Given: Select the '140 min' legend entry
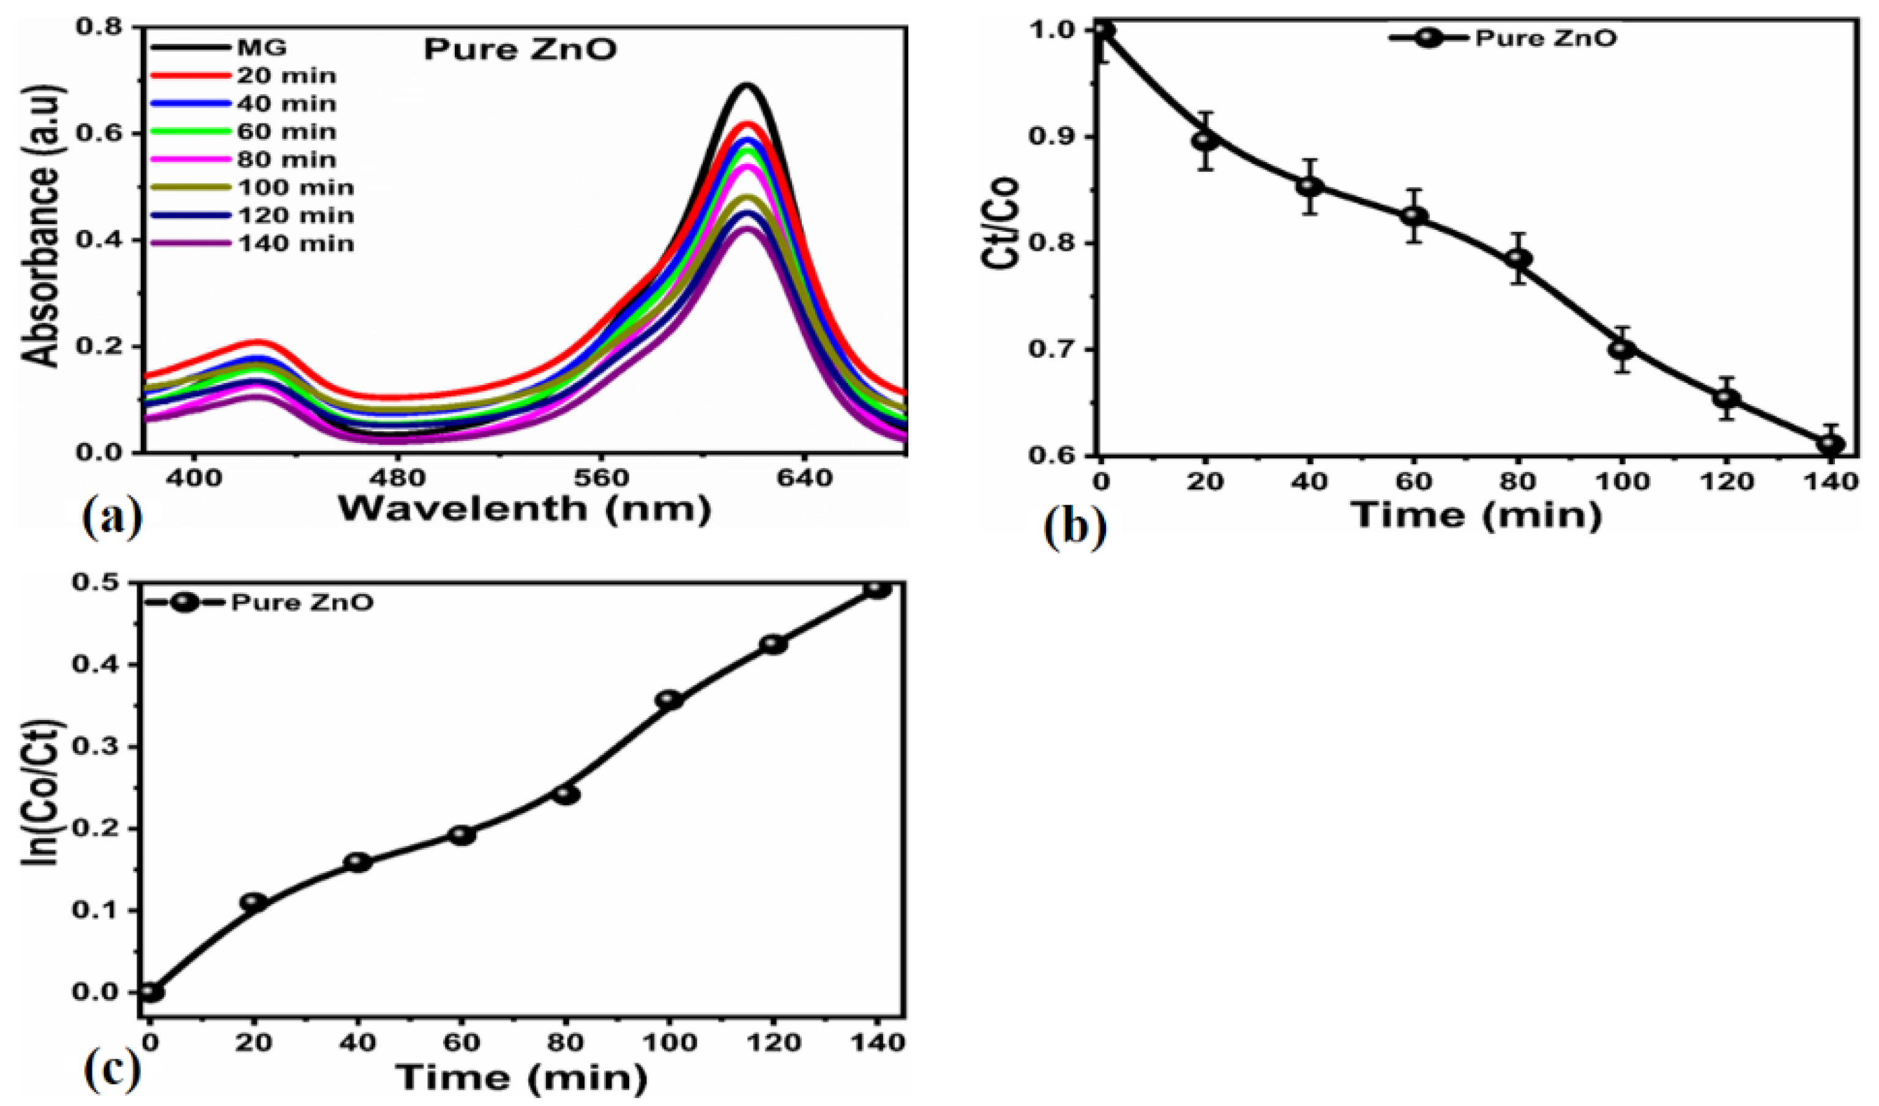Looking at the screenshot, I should click(295, 243).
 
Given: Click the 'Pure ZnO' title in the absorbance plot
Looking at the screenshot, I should click(520, 49).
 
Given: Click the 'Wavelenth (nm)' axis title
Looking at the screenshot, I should click(524, 509).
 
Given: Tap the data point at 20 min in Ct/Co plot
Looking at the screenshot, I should click(1205, 140).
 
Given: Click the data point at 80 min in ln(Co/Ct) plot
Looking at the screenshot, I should click(567, 795).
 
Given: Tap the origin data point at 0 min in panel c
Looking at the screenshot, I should click(150, 992).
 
